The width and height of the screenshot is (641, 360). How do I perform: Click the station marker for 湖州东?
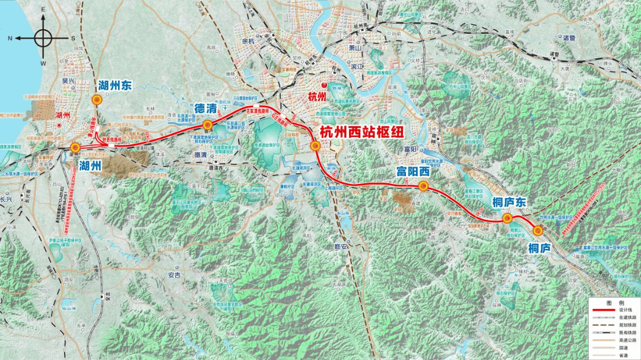[x=97, y=101]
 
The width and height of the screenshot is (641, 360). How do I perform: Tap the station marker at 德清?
[x=208, y=125]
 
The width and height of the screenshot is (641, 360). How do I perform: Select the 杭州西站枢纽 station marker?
[x=315, y=146]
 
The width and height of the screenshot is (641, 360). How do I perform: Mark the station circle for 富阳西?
[x=423, y=186]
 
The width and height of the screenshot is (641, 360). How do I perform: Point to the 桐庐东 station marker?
[x=507, y=218]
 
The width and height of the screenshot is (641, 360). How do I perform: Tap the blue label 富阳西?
[x=412, y=172]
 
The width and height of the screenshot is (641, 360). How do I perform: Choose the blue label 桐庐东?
[x=509, y=202]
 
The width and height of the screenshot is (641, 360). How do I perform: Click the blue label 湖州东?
[x=115, y=86]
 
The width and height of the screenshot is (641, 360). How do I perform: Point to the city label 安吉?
[x=174, y=275]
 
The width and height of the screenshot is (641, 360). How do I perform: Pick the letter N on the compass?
[x=10, y=38]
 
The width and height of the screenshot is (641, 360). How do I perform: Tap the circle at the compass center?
[x=43, y=38]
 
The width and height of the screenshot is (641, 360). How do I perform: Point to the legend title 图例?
[x=614, y=302]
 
